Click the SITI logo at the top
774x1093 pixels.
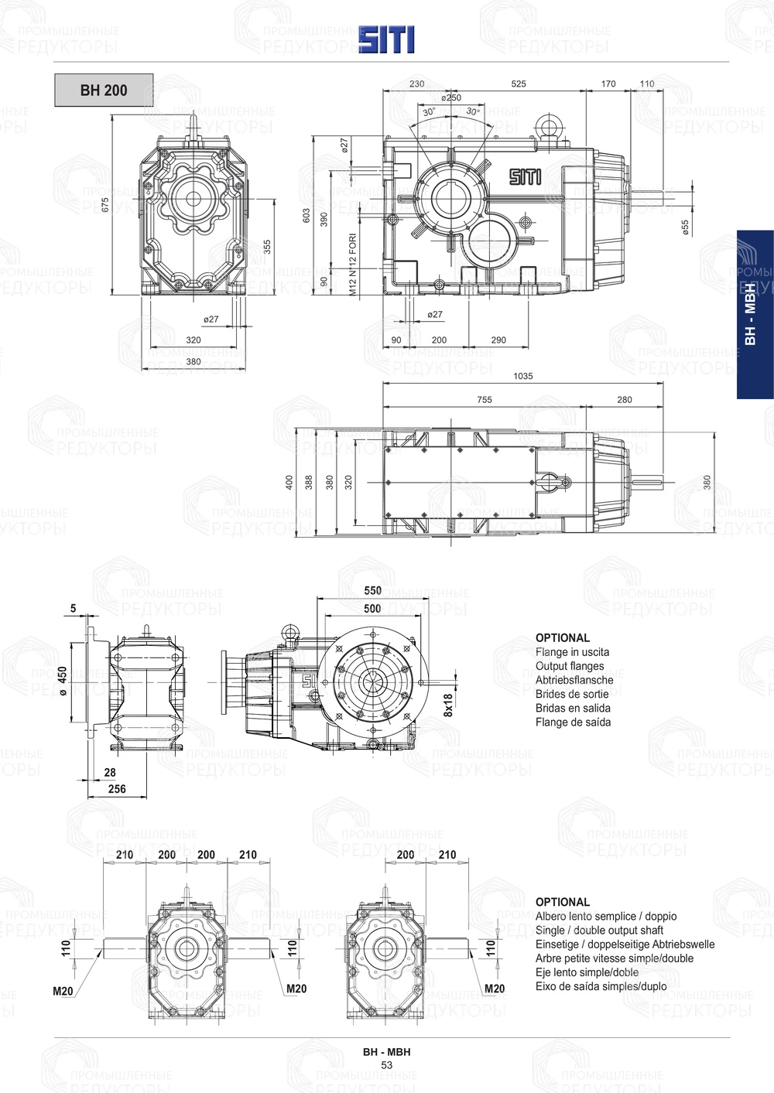pyautogui.click(x=385, y=39)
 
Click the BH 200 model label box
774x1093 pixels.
pyautogui.click(x=104, y=90)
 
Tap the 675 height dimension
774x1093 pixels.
pyautogui.click(x=105, y=204)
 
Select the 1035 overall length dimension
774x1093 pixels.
pyautogui.click(x=522, y=376)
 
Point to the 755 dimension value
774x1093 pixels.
pyautogui.click(x=484, y=400)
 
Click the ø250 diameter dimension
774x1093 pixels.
pyautogui.click(x=450, y=98)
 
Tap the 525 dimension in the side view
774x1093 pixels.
pyautogui.click(x=519, y=84)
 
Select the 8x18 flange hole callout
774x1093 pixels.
pyautogui.click(x=448, y=705)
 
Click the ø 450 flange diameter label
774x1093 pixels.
pyautogui.click(x=62, y=680)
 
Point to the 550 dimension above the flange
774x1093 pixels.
pyautogui.click(x=372, y=590)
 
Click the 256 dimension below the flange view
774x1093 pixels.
pyautogui.click(x=116, y=789)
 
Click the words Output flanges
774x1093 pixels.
pyautogui.click(x=570, y=666)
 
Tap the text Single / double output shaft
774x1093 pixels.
pyautogui.click(x=599, y=931)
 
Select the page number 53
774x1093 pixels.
pyautogui.click(x=386, y=1065)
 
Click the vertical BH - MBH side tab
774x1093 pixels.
pyautogui.click(x=750, y=314)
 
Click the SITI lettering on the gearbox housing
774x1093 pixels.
pyautogui.click(x=525, y=176)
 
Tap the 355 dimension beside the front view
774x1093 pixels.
pyautogui.click(x=267, y=246)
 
